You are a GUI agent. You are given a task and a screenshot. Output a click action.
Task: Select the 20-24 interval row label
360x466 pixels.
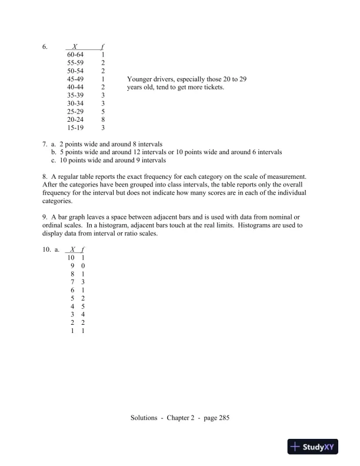pos(75,119)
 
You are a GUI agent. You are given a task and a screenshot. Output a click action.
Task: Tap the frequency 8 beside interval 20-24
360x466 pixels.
pos(103,119)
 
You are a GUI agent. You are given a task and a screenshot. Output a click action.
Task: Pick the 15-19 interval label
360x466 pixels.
pos(75,128)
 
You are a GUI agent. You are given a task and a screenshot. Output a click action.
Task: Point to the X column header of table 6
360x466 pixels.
pos(75,45)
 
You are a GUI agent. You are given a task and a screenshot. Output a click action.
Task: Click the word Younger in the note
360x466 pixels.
pos(140,78)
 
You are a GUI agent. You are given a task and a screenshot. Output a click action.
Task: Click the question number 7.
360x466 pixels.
pos(45,144)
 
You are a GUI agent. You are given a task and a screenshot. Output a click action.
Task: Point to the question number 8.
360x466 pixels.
pos(45,177)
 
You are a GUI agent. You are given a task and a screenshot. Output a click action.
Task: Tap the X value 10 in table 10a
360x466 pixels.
pos(71,258)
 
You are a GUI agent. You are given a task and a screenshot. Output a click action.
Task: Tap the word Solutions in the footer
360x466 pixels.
pos(144,418)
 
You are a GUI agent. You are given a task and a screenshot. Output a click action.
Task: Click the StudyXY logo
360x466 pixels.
pos(316,447)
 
